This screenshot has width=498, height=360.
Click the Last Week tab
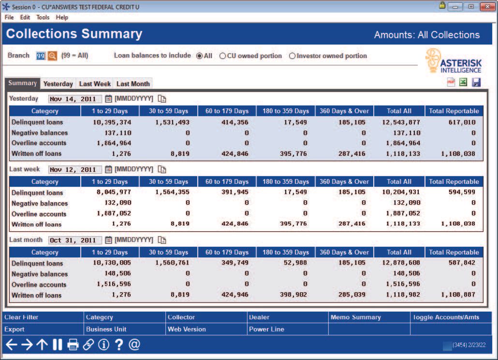click(95, 84)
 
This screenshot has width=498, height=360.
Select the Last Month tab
click(133, 84)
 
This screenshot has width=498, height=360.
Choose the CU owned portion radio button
click(223, 56)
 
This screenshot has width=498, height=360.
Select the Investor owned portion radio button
click(292, 56)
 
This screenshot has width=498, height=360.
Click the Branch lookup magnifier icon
click(52, 56)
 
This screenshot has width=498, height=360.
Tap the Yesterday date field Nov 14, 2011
click(75, 99)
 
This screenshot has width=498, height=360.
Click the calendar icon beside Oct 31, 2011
click(108, 240)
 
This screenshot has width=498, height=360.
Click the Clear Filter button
click(21, 317)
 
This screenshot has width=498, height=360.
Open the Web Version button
click(187, 329)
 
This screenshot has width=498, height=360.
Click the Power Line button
click(266, 329)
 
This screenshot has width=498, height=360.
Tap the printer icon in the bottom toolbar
click(73, 345)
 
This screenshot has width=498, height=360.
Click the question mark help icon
click(118, 345)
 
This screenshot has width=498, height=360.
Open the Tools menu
click(43, 17)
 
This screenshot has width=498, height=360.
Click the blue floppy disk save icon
click(476, 83)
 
